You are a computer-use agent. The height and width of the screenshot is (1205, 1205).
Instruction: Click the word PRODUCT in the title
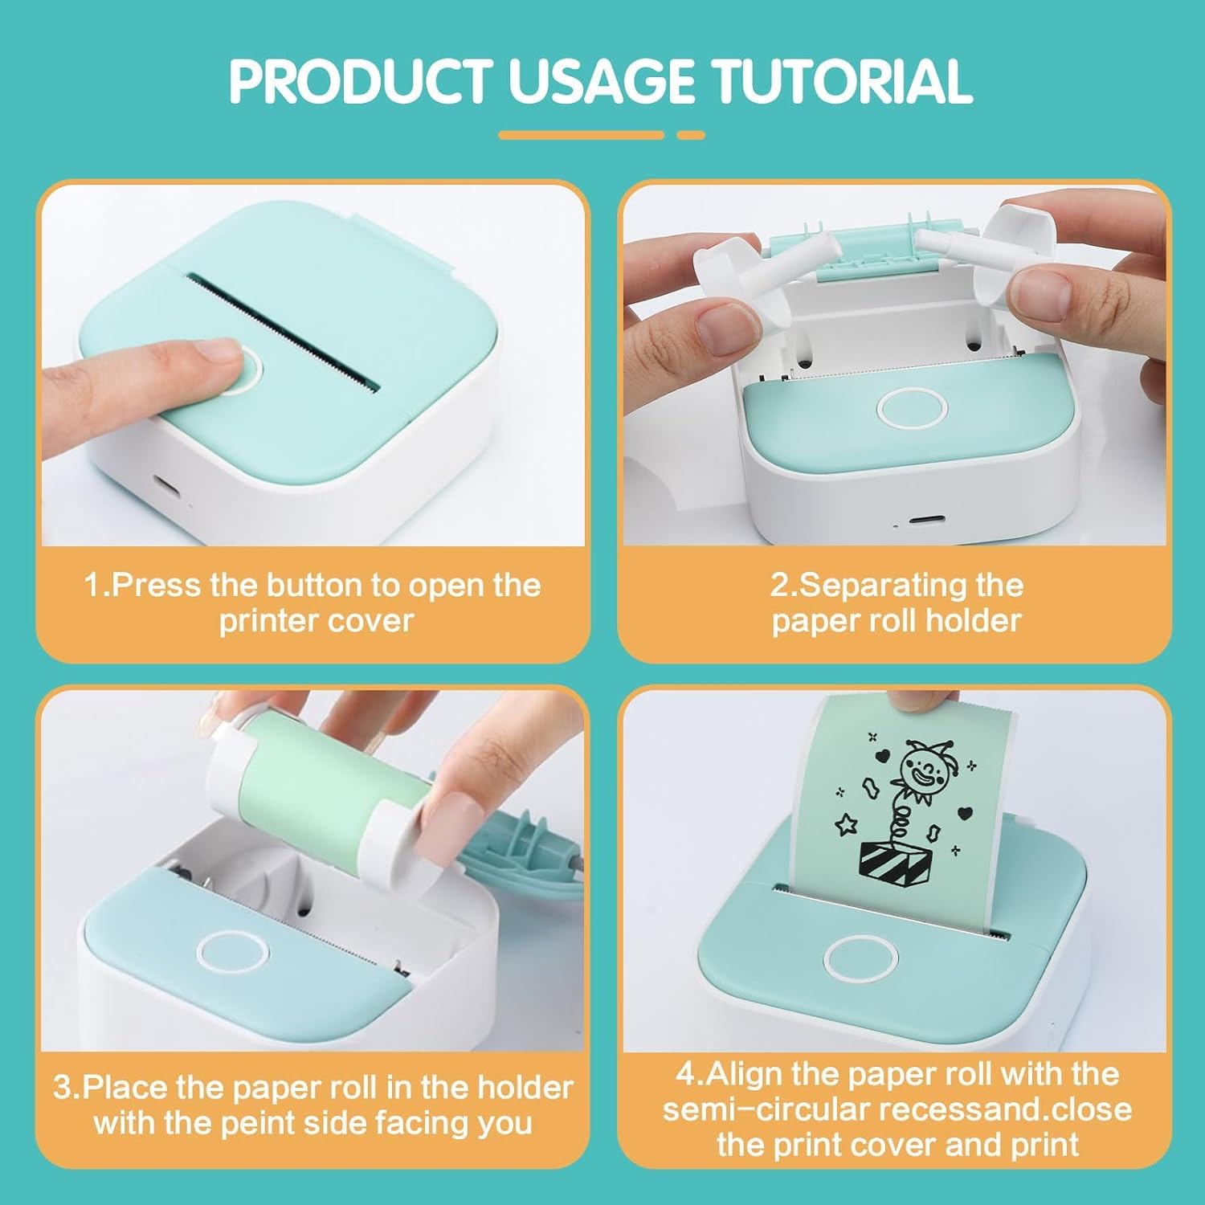coord(361,81)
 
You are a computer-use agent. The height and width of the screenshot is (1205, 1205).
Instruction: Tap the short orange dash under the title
coord(691,136)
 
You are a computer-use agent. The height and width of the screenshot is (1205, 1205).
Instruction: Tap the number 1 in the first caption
coord(92,585)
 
